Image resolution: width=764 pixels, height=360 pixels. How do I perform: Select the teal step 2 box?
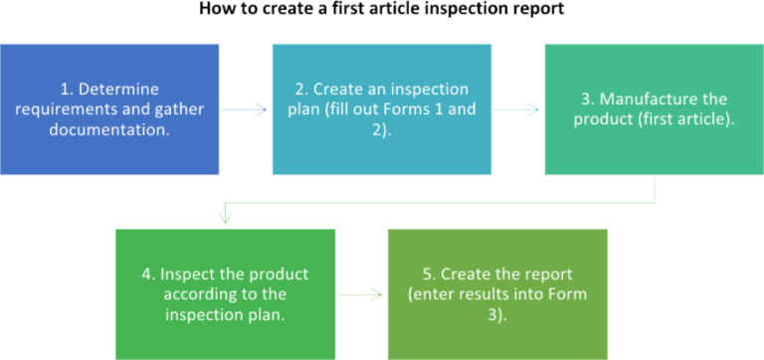pyautogui.click(x=381, y=109)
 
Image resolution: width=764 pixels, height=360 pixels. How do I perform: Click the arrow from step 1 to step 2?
pyautogui.click(x=245, y=109)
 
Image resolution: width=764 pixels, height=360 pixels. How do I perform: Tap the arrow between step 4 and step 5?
pyautogui.click(x=360, y=293)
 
